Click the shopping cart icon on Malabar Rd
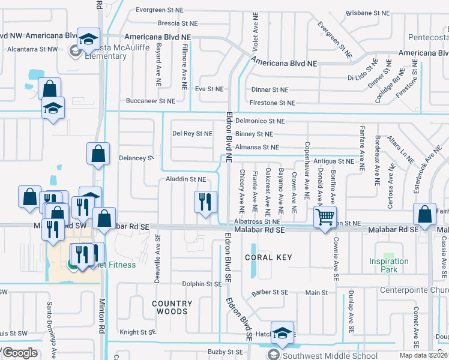click(325, 217)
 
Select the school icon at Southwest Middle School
click(282, 332)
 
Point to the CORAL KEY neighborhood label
click(268, 257)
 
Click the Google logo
click(19, 353)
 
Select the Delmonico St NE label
click(259, 121)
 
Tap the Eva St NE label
click(209, 89)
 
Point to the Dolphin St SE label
click(202, 284)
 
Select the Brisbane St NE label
click(375, 12)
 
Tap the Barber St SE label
click(270, 292)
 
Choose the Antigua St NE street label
click(334, 161)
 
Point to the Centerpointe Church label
click(414, 290)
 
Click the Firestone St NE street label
click(274, 103)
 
